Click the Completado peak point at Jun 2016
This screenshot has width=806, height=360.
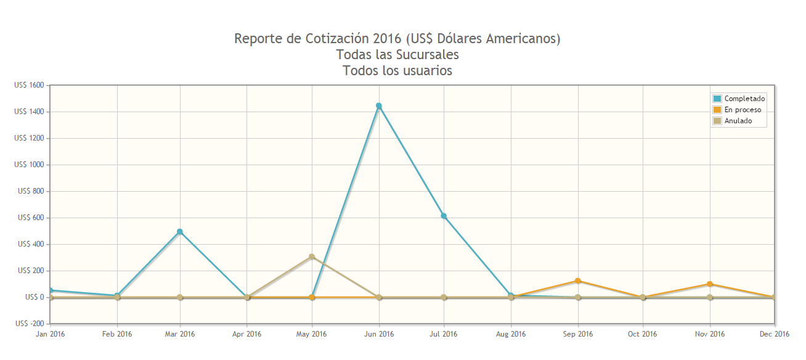[x=379, y=106]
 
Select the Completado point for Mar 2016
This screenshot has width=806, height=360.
[x=180, y=232]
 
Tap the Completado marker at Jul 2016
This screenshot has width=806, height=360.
[x=444, y=216]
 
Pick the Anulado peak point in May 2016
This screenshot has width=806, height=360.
[x=312, y=257]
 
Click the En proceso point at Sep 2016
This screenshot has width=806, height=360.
[x=578, y=281]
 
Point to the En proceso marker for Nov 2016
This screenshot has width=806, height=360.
[x=710, y=284]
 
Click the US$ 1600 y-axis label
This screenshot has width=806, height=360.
[x=29, y=85]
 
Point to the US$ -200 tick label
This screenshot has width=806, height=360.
[x=29, y=324]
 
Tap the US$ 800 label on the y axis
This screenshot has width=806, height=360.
[x=31, y=191]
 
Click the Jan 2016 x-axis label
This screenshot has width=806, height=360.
[x=49, y=334]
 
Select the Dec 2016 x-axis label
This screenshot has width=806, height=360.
[x=775, y=334]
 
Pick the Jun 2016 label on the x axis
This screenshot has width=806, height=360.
[x=379, y=334]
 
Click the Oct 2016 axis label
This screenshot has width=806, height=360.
[x=643, y=334]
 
